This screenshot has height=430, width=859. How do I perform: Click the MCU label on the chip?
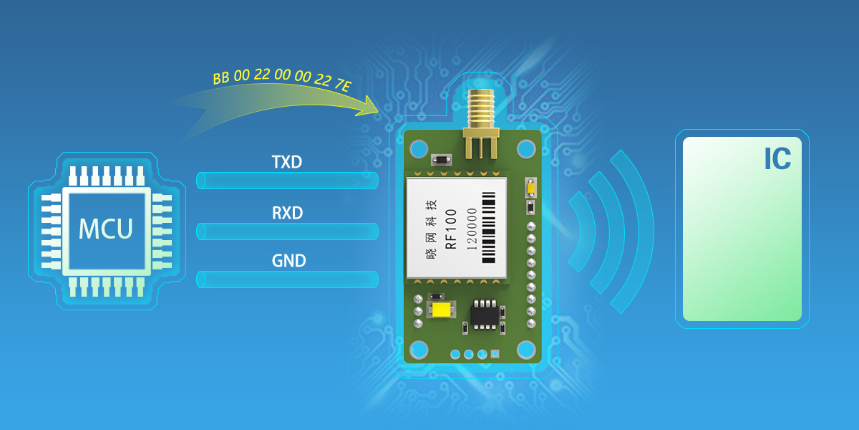(x=105, y=229)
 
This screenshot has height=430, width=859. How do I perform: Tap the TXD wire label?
(x=287, y=163)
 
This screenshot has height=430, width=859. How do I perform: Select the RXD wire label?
(x=287, y=214)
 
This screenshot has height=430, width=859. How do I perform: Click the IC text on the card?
(x=777, y=160)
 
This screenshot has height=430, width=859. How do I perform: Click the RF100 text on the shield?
(x=451, y=230)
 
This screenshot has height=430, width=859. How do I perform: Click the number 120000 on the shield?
(x=472, y=230)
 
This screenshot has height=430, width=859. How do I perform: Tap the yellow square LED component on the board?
(x=441, y=310)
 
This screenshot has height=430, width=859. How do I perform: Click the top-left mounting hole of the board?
(x=419, y=148)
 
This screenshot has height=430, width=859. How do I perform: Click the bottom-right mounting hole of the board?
(x=526, y=349)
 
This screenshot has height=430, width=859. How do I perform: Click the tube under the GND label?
(x=287, y=279)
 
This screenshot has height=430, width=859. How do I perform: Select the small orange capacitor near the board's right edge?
(x=530, y=188)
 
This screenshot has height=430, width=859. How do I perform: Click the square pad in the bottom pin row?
(x=495, y=354)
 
